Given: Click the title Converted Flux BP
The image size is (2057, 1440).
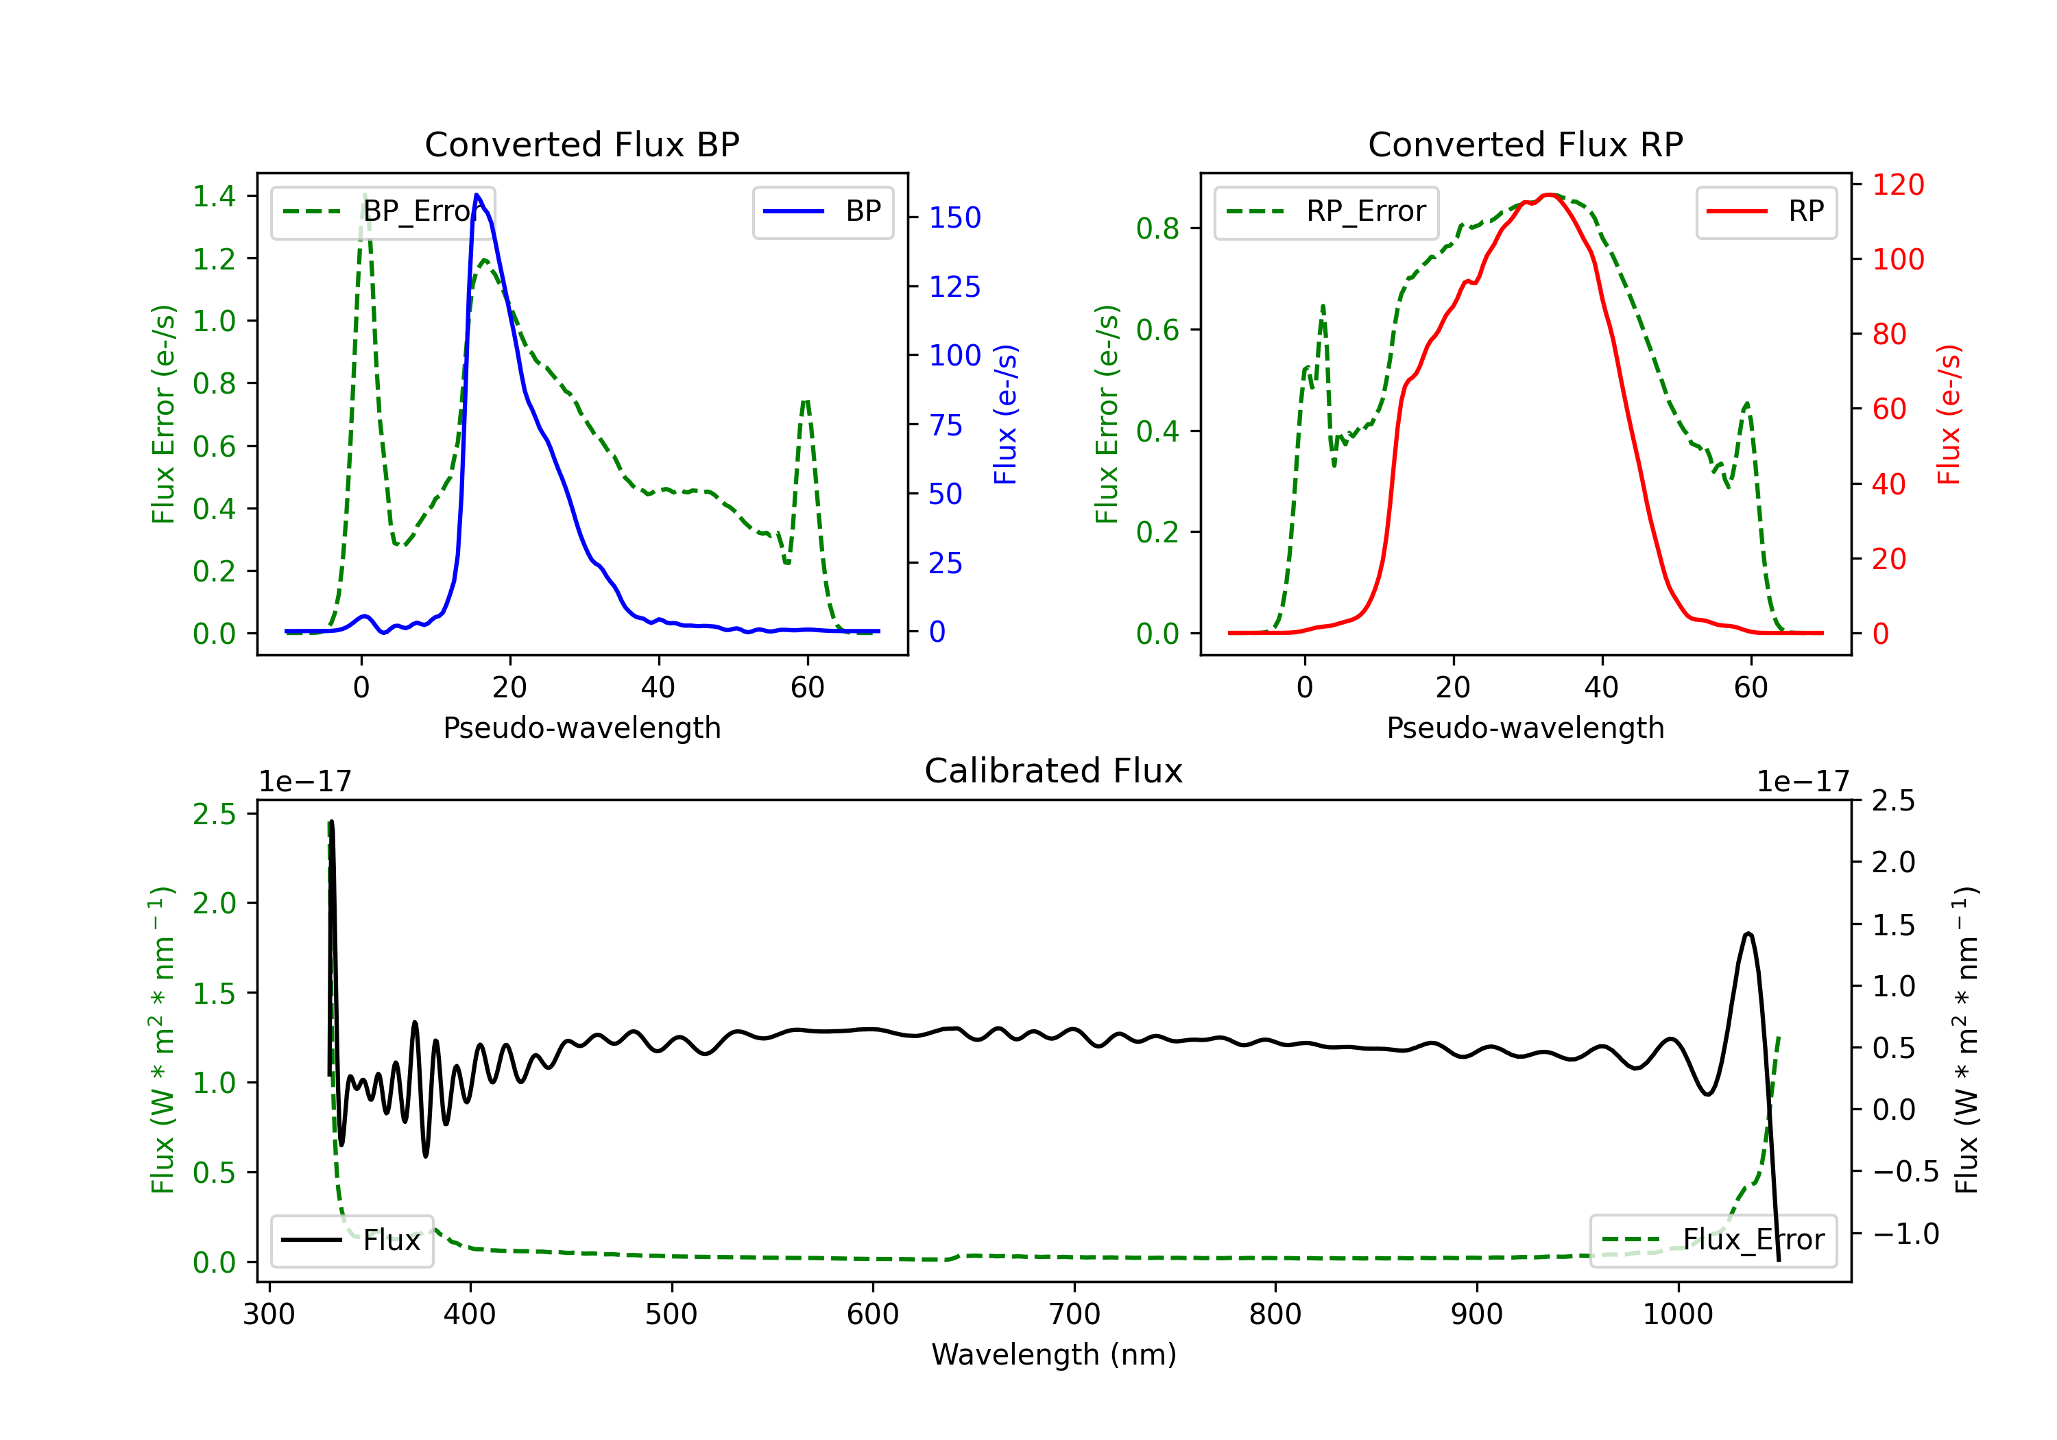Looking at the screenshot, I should tap(581, 144).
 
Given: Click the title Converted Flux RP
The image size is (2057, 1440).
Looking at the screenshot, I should tap(1525, 144).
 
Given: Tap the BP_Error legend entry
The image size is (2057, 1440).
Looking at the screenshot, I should tap(383, 211).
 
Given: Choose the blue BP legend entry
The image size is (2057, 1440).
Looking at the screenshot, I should tap(822, 211).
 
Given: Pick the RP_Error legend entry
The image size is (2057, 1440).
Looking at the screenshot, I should tap(1326, 211).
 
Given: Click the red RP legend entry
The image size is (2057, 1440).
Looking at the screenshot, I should tap(1766, 211).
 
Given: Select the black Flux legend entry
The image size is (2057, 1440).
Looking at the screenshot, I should tap(352, 1240).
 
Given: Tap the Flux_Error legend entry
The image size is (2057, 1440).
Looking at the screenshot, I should tap(1713, 1240).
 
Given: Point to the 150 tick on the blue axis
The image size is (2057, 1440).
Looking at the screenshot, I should tap(954, 218).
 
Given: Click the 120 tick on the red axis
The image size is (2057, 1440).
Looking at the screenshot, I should tap(1897, 184).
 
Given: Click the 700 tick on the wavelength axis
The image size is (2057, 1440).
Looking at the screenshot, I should tap(1074, 1315).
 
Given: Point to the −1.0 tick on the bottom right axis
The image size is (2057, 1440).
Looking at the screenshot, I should tap(1905, 1234).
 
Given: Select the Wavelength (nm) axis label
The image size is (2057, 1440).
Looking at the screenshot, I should tap(1054, 1354).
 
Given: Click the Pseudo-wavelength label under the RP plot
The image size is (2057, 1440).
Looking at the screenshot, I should tap(1525, 728).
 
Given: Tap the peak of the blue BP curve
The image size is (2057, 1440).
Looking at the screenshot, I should tap(477, 195).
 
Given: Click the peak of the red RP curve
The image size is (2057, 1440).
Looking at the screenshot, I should tap(1549, 195).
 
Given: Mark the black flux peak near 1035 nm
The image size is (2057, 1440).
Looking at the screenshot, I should tap(1748, 934).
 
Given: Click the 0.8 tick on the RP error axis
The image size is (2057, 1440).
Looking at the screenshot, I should tap(1157, 228).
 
